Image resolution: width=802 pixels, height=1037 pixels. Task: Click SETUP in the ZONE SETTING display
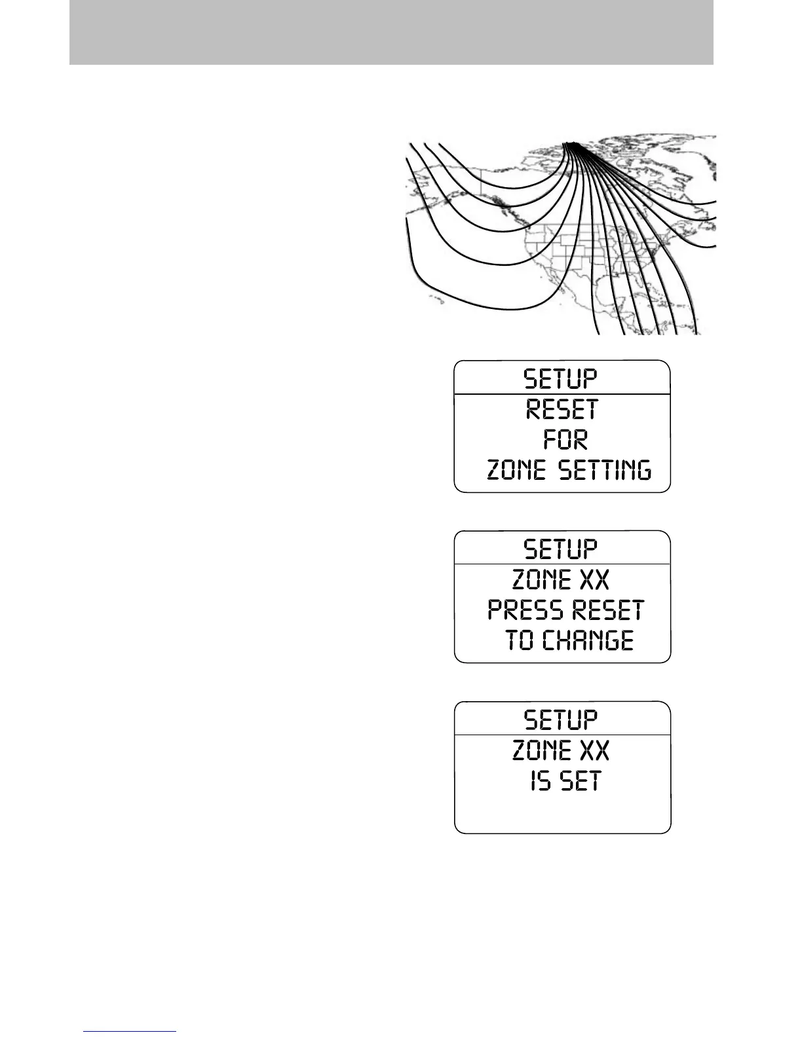click(x=561, y=379)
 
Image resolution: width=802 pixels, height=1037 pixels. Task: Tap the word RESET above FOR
click(x=562, y=410)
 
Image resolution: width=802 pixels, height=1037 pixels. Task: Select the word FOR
click(x=565, y=439)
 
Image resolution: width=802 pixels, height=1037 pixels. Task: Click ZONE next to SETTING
click(x=516, y=470)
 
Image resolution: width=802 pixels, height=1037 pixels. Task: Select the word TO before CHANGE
click(x=520, y=640)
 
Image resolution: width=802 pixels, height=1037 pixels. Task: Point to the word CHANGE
click(x=588, y=640)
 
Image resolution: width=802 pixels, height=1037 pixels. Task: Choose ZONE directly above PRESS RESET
click(x=541, y=580)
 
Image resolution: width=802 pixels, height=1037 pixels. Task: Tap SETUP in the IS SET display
click(x=561, y=719)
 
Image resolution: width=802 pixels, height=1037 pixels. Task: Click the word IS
click(x=541, y=781)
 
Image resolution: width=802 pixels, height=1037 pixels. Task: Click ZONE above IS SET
click(x=541, y=750)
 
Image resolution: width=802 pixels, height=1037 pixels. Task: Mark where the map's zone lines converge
click(x=571, y=144)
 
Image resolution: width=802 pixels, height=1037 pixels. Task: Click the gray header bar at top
click(x=391, y=32)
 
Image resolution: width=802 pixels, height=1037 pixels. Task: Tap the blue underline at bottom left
click(x=130, y=1031)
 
